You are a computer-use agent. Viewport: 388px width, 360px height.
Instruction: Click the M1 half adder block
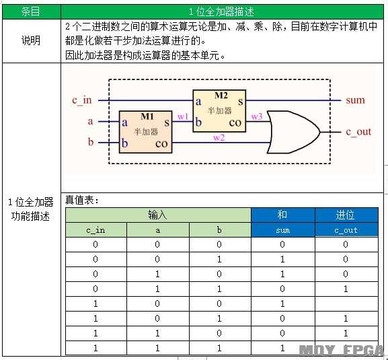coord(145,132)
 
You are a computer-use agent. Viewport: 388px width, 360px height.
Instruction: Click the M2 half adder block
coord(219,111)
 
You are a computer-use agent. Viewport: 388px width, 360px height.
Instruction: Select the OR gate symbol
coord(293,132)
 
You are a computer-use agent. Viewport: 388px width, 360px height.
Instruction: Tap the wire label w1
coord(183,116)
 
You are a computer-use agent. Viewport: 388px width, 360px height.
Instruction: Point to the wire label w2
coord(219,137)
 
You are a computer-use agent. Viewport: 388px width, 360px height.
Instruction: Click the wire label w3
coord(257,116)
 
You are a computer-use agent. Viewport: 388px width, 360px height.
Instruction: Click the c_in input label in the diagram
coord(82,100)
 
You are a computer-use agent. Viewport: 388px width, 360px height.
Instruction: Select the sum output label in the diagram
coord(355,100)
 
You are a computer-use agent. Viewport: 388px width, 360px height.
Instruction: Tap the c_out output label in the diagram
coord(358,132)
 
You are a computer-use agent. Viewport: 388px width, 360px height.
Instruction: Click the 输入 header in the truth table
coord(158,215)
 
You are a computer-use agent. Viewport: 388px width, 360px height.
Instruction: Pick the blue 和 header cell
coord(283,215)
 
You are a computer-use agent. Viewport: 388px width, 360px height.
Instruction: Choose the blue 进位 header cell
coord(346,215)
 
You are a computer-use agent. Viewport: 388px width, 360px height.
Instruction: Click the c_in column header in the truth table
coord(95,230)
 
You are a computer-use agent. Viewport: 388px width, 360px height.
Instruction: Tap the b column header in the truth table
coord(219,230)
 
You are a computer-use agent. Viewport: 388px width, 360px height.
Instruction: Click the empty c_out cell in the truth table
coord(346,303)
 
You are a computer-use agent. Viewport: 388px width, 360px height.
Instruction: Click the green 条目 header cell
coord(31,11)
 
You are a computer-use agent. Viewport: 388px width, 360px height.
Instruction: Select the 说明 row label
coord(31,40)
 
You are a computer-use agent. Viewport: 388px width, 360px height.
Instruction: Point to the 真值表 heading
coord(81,200)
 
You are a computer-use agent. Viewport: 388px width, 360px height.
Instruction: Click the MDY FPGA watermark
coord(341,351)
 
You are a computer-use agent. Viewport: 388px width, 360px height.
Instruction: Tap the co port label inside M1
coord(161,144)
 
